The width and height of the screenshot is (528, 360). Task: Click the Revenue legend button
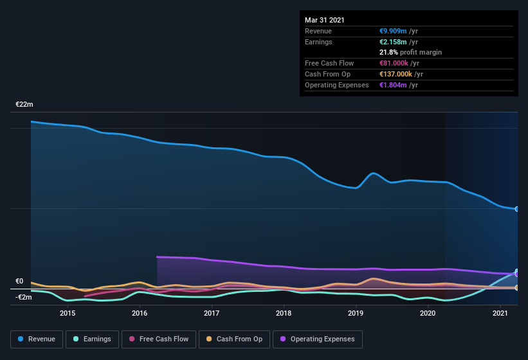[x=37, y=339]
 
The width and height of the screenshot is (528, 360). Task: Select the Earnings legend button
[x=93, y=339]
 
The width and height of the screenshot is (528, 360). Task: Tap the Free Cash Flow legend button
[x=159, y=339]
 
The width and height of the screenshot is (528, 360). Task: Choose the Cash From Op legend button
[x=234, y=339]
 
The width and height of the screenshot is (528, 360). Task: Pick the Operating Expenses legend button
[x=318, y=339]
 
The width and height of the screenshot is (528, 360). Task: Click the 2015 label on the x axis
[x=68, y=313]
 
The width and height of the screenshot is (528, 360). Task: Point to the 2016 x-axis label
[x=140, y=313]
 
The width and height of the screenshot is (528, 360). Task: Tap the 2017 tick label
[x=212, y=313]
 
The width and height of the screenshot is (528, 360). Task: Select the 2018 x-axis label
[x=284, y=313]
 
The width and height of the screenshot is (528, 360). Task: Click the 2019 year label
[x=356, y=313]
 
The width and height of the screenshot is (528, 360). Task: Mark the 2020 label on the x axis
[x=428, y=313]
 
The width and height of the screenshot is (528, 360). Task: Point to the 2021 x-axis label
[x=500, y=313]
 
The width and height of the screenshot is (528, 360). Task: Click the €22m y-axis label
[x=24, y=104]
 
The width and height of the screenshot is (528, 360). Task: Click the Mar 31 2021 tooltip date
[x=325, y=20]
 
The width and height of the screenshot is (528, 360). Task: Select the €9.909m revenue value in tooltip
[x=394, y=31]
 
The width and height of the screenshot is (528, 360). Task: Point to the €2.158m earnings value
[x=394, y=42]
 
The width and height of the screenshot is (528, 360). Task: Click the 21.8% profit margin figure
[x=389, y=52]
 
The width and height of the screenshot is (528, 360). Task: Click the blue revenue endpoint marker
[x=516, y=209]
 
